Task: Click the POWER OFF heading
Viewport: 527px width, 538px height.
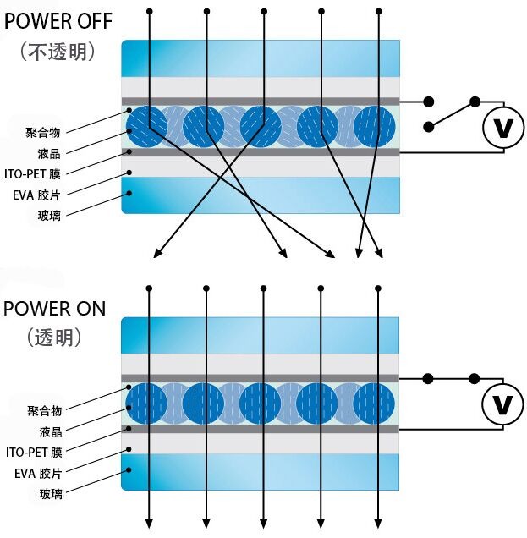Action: tap(58, 20)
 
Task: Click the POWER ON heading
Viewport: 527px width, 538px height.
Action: tap(55, 307)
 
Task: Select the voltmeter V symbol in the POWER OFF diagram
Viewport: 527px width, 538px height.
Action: tap(502, 129)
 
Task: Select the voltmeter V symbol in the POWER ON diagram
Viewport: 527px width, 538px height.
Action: tap(502, 404)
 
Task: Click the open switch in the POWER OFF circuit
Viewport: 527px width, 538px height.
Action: tap(453, 113)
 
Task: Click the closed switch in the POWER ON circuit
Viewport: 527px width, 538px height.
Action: tap(452, 378)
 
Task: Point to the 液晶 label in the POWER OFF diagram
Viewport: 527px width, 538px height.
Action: tap(50, 153)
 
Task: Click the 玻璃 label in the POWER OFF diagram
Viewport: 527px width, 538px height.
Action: tap(50, 215)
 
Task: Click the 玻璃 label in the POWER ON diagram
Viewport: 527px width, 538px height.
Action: tap(50, 493)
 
